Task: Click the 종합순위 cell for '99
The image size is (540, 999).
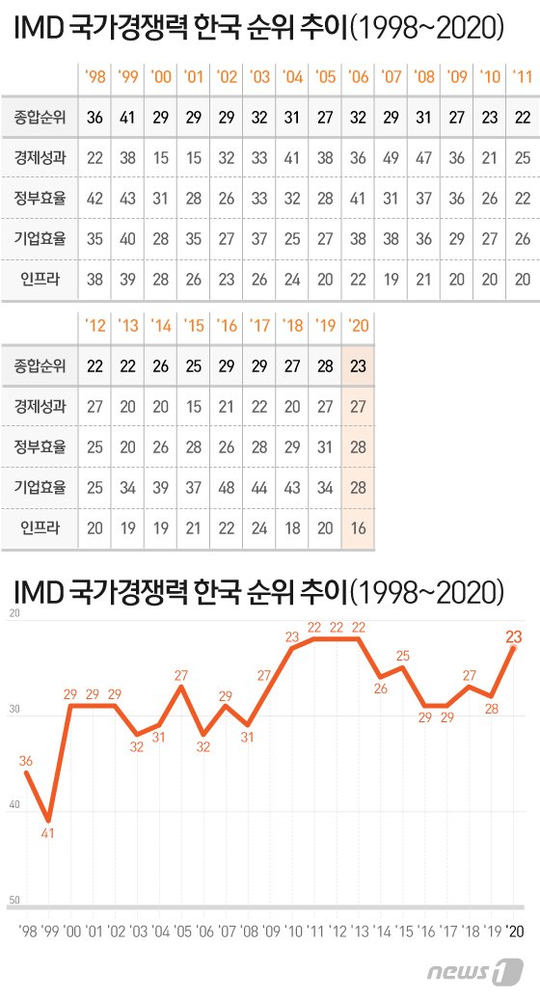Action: point(127,118)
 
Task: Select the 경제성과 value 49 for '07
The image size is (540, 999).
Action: point(391,157)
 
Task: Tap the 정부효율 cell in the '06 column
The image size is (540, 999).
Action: point(358,198)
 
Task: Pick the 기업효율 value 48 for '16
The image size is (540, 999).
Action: point(226,487)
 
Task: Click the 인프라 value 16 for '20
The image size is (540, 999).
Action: point(358,528)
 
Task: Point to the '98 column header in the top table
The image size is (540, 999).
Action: point(94,76)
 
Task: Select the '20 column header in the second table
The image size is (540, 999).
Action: point(358,326)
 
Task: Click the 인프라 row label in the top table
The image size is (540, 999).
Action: point(40,279)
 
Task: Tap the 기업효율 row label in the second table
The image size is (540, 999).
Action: point(40,487)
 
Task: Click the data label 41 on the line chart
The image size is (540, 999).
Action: point(48,833)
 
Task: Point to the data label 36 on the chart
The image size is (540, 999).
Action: point(25,761)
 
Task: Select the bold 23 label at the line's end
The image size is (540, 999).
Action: point(513,635)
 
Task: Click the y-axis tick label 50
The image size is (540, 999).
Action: point(14,900)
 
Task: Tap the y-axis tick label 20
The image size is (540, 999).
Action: point(14,613)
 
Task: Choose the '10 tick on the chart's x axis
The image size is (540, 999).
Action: point(293,931)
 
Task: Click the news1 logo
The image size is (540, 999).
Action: point(475,972)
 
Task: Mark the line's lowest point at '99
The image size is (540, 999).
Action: point(48,821)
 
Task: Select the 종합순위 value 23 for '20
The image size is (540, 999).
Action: point(358,366)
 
